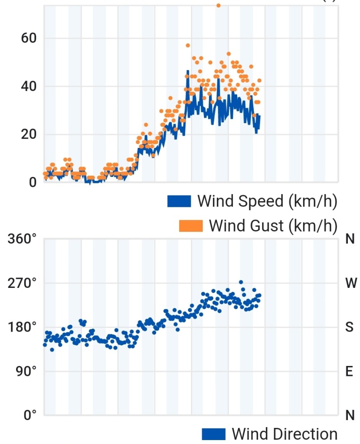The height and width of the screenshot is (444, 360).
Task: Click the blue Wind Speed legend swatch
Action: [x=179, y=201]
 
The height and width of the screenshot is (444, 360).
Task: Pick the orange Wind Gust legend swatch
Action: [x=191, y=226]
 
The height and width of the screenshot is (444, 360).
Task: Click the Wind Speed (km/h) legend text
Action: [x=267, y=201]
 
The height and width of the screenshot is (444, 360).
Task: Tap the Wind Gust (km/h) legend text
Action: [x=273, y=226]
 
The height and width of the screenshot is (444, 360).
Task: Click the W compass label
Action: [x=351, y=283]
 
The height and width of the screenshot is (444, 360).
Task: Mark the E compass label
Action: [x=350, y=372]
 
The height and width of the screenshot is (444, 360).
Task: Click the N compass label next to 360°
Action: [x=350, y=239]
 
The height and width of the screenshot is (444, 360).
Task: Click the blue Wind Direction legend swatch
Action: [x=214, y=434]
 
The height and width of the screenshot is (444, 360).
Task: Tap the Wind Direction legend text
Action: [x=285, y=434]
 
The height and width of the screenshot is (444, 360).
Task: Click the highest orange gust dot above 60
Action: [x=219, y=5]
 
